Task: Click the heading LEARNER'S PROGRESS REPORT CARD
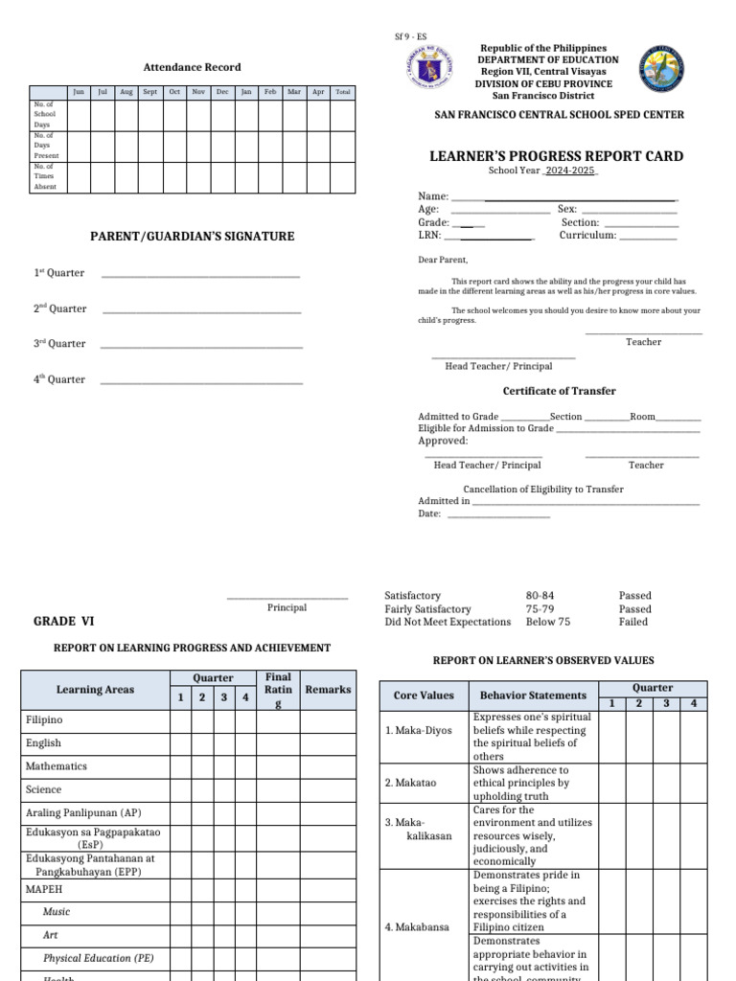click(x=556, y=156)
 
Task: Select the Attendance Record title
click(x=192, y=67)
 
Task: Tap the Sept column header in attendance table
click(x=150, y=92)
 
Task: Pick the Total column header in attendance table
click(x=342, y=92)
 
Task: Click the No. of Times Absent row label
click(x=45, y=176)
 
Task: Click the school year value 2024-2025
click(x=571, y=171)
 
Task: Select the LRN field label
click(x=428, y=235)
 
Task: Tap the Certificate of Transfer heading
click(x=559, y=391)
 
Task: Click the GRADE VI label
click(x=63, y=621)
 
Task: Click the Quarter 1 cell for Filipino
click(x=180, y=719)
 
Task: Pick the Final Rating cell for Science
click(x=277, y=789)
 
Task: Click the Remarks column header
click(x=328, y=689)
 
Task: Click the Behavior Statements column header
click(x=533, y=696)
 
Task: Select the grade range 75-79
click(x=540, y=609)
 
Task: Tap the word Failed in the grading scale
click(x=633, y=622)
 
